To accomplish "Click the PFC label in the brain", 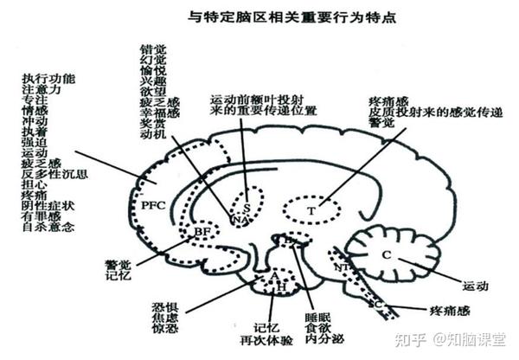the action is click(x=153, y=207).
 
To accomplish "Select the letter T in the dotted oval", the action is click(x=312, y=209).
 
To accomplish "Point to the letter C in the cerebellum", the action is click(x=387, y=254).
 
